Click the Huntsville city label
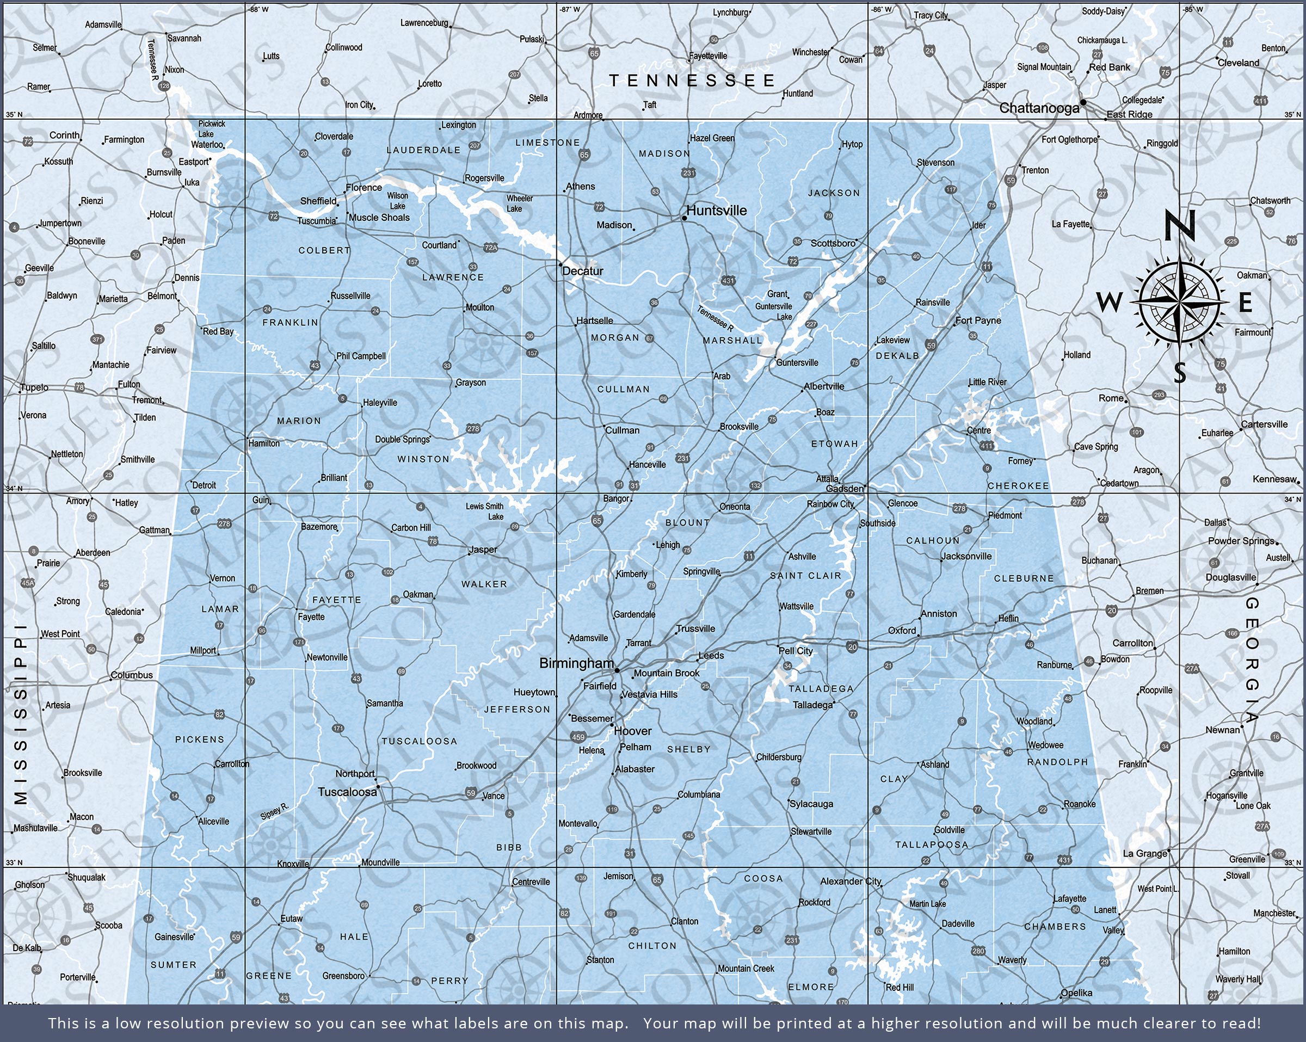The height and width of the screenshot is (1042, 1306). click(717, 210)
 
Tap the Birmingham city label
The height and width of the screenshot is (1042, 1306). click(576, 663)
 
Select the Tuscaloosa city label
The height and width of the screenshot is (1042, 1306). click(347, 792)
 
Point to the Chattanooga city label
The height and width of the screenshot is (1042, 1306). click(1039, 108)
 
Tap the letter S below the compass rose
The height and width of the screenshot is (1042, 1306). click(1179, 373)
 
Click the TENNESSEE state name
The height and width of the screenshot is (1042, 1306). click(692, 81)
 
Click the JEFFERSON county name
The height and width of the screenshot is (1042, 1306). click(517, 709)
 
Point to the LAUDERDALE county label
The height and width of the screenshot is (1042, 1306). click(423, 150)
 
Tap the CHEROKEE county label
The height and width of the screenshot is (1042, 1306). click(1018, 486)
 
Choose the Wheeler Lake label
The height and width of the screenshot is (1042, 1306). click(519, 203)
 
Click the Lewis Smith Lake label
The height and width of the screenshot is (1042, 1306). click(485, 511)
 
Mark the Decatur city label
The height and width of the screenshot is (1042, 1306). click(583, 271)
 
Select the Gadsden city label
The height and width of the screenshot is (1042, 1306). click(845, 488)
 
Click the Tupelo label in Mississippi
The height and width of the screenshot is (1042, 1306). click(34, 387)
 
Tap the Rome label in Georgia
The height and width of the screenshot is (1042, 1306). click(1111, 398)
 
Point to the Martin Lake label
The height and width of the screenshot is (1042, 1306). click(927, 903)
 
